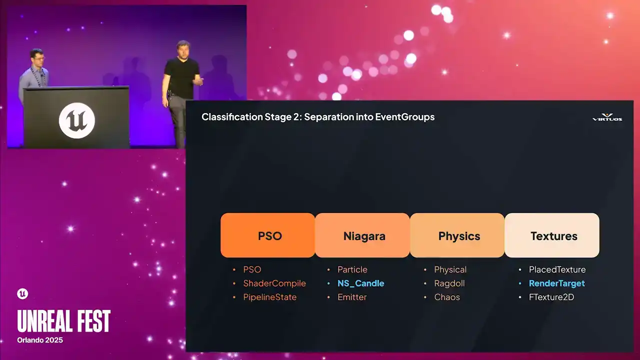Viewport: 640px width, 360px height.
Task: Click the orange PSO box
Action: point(267,235)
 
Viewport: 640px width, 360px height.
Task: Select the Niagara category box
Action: point(362,235)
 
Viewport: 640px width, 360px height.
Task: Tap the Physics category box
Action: point(457,235)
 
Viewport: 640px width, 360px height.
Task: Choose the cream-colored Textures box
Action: point(552,235)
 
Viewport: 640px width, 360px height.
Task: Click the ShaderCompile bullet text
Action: point(274,283)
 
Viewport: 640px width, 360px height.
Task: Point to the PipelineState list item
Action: point(269,297)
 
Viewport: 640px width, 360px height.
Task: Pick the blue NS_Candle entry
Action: point(361,283)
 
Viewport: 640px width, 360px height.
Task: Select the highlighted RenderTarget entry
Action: point(557,283)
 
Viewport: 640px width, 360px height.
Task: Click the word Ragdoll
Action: point(449,283)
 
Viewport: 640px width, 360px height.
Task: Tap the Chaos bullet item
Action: point(447,297)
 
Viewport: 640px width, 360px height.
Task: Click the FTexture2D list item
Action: point(551,297)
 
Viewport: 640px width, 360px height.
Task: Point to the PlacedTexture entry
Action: point(557,269)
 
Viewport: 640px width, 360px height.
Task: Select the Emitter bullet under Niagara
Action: point(352,297)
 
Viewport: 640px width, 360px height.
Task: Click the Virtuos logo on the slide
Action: point(607,117)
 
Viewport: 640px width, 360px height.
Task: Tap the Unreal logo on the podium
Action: point(77,120)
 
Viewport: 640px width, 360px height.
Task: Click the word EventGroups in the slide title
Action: point(405,117)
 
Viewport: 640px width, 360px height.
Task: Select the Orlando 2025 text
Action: point(40,340)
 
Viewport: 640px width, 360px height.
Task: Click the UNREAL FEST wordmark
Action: point(63,321)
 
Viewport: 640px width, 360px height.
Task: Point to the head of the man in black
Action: point(183,49)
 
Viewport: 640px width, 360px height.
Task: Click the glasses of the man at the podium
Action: point(38,58)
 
